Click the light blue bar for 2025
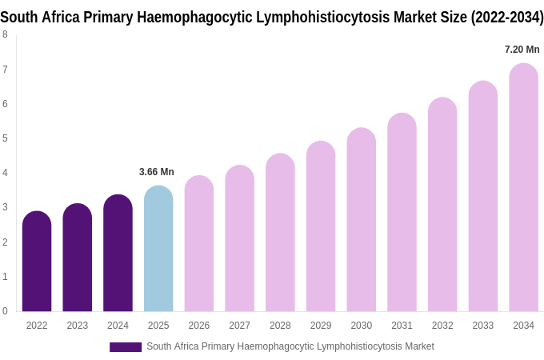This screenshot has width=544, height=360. [x=158, y=249]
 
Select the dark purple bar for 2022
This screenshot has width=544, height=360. [x=37, y=262]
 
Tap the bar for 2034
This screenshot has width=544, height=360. [x=523, y=187]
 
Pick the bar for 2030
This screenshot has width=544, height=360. [x=361, y=220]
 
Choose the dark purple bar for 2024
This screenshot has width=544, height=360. [x=118, y=253]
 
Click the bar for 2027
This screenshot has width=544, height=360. [x=239, y=238]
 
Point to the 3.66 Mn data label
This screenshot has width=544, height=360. [x=157, y=172]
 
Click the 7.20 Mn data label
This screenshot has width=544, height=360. [x=522, y=50]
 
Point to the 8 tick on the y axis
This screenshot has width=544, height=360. [x=5, y=34]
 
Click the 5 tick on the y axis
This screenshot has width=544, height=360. [x=5, y=138]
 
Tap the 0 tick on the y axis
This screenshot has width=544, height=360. [x=5, y=311]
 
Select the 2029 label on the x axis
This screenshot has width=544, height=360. [x=321, y=326]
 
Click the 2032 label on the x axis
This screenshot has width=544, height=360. [x=442, y=326]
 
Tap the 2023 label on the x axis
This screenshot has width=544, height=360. [x=78, y=326]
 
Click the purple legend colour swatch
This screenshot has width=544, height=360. [x=126, y=347]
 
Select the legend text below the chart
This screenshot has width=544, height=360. [x=290, y=346]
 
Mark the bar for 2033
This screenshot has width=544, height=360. [x=482, y=196]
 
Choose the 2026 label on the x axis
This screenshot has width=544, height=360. [x=199, y=326]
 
